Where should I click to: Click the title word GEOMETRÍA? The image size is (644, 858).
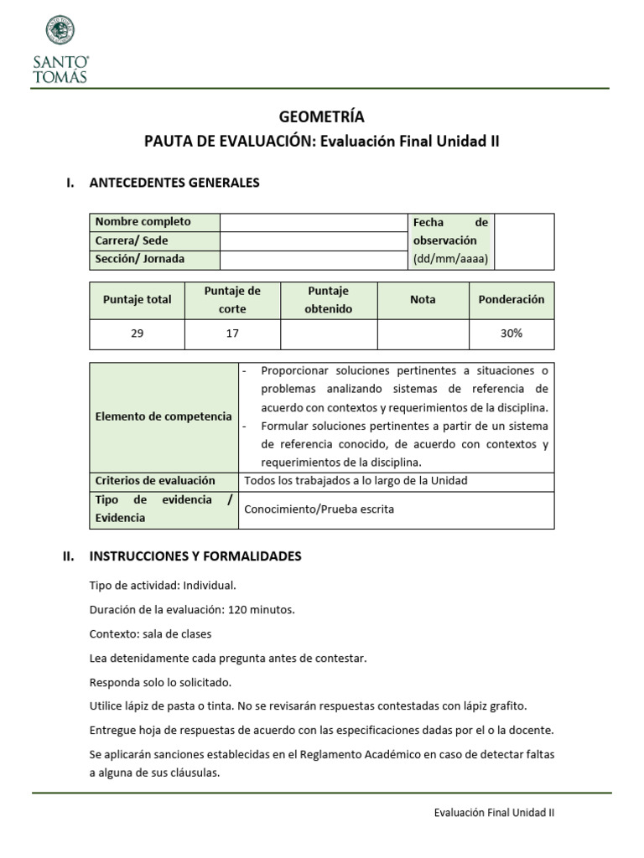pyautogui.click(x=321, y=116)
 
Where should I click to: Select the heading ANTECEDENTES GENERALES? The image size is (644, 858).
pyautogui.click(x=174, y=183)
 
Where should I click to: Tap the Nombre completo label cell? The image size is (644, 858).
pyautogui.click(x=143, y=222)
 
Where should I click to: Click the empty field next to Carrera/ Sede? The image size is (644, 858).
pyautogui.click(x=313, y=240)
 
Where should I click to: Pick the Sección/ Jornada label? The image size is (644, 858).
pyautogui.click(x=140, y=259)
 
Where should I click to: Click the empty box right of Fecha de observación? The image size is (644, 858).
pyautogui.click(x=524, y=241)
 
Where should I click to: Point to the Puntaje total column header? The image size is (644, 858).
pyautogui.click(x=137, y=299)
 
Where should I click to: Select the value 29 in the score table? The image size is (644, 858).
pyautogui.click(x=137, y=333)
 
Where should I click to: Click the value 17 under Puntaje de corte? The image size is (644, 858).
pyautogui.click(x=232, y=333)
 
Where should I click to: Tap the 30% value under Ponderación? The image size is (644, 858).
pyautogui.click(x=511, y=333)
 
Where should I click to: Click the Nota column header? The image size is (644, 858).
pyautogui.click(x=423, y=299)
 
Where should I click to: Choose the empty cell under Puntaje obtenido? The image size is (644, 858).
pyautogui.click(x=330, y=333)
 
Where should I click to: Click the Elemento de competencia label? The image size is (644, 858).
pyautogui.click(x=164, y=416)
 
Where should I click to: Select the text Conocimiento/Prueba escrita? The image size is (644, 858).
pyautogui.click(x=319, y=509)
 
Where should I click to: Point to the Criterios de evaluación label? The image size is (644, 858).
pyautogui.click(x=155, y=481)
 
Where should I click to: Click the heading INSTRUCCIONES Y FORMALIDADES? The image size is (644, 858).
pyautogui.click(x=195, y=556)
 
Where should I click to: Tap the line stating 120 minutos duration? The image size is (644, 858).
pyautogui.click(x=192, y=610)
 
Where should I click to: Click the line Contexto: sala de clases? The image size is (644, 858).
pyautogui.click(x=150, y=633)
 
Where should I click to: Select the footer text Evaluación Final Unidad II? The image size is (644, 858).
pyautogui.click(x=494, y=812)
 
